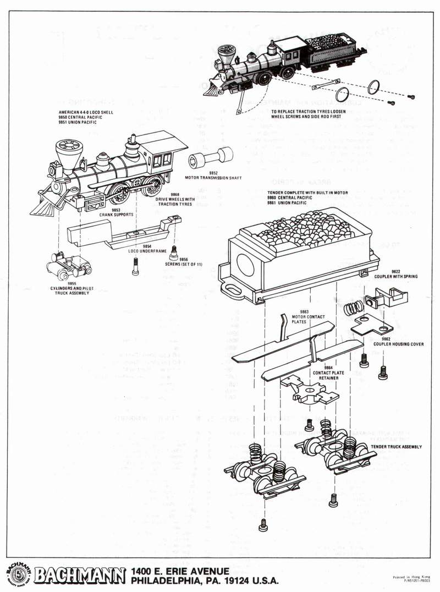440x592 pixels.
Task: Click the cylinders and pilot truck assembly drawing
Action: pos(68,266)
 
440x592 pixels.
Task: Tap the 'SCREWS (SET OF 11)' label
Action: pos(184,264)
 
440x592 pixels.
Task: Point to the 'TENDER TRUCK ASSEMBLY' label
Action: pos(396,447)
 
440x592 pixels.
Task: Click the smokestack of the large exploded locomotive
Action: pos(69,153)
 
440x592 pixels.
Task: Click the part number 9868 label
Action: pos(175,194)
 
